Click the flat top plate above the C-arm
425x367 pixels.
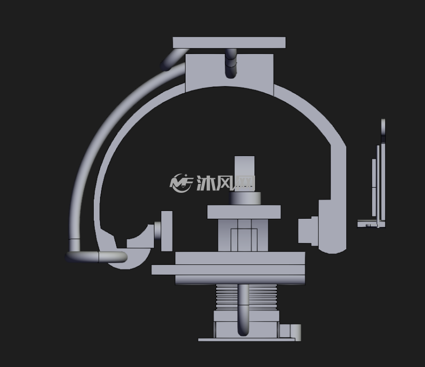point(229,43)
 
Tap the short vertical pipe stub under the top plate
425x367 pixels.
point(231,63)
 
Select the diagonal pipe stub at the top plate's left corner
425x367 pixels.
point(174,60)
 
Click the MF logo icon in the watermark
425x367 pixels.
point(181,183)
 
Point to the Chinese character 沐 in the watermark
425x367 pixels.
point(206,183)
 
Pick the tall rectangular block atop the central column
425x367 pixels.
point(245,174)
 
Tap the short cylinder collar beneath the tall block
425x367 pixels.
point(245,199)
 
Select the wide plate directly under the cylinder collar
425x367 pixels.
point(244,212)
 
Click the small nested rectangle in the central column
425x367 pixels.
point(244,240)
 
